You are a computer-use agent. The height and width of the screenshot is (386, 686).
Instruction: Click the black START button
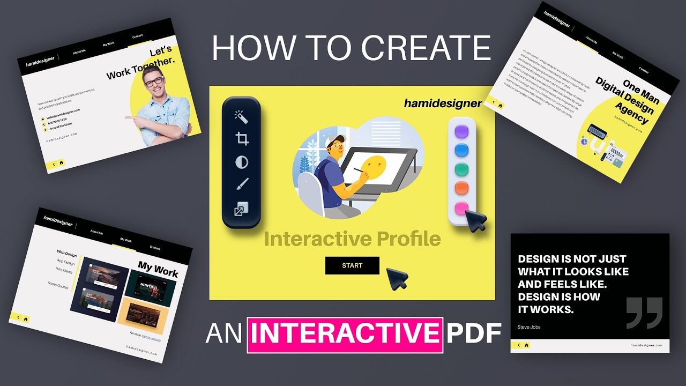tap(352, 265)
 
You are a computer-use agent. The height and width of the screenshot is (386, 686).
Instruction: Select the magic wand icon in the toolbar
tap(241, 117)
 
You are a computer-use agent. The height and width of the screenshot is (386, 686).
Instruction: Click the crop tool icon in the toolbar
tap(242, 139)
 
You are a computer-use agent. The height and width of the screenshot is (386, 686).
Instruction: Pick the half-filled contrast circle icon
tap(242, 162)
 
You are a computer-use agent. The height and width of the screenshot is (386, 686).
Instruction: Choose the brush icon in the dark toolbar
tap(242, 185)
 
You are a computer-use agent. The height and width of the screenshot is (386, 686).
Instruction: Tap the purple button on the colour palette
tap(461, 132)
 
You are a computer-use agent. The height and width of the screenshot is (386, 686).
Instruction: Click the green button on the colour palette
tap(461, 170)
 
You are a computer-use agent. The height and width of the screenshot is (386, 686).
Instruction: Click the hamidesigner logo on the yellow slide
tap(443, 103)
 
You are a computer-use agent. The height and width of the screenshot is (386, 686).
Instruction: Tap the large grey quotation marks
tap(645, 313)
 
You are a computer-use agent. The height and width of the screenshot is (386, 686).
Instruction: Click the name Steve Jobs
tap(530, 326)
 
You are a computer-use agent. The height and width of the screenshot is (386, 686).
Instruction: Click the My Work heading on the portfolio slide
tap(158, 269)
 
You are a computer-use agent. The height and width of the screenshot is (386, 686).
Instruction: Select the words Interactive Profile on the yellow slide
tap(352, 239)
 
